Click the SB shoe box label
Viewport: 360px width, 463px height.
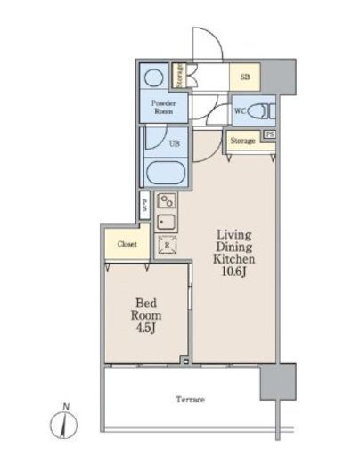click(x=245, y=77)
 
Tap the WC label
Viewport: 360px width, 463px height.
click(x=240, y=111)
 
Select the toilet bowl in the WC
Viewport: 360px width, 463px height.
click(x=258, y=111)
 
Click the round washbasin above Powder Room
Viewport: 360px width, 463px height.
click(x=153, y=77)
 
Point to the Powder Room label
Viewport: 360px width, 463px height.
click(x=163, y=107)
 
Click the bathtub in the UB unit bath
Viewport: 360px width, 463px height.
click(x=166, y=173)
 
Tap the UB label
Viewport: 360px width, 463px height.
click(x=175, y=143)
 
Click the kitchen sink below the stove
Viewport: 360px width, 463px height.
click(x=166, y=222)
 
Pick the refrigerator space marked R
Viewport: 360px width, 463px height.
click(x=167, y=245)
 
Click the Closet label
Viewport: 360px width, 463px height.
click(x=127, y=244)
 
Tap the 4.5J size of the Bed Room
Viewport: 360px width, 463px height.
click(x=146, y=329)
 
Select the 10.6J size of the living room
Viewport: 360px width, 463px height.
click(x=234, y=272)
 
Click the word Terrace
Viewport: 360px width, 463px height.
click(x=190, y=400)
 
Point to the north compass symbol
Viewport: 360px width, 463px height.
click(x=63, y=422)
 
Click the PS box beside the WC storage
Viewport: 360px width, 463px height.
click(x=269, y=134)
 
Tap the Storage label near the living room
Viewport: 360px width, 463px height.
click(x=243, y=141)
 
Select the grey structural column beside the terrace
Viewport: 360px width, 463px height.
click(x=278, y=382)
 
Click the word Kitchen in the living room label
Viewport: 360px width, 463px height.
click(x=234, y=259)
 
